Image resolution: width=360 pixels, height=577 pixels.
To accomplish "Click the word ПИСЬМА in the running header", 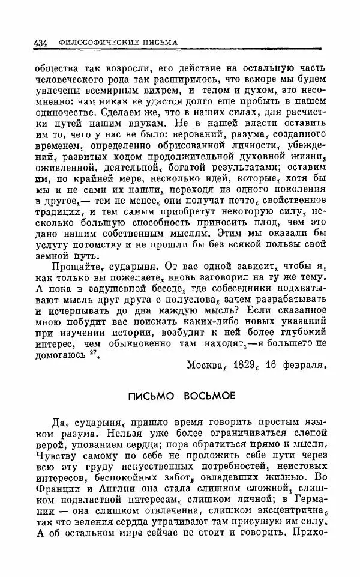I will coord(159,43).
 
